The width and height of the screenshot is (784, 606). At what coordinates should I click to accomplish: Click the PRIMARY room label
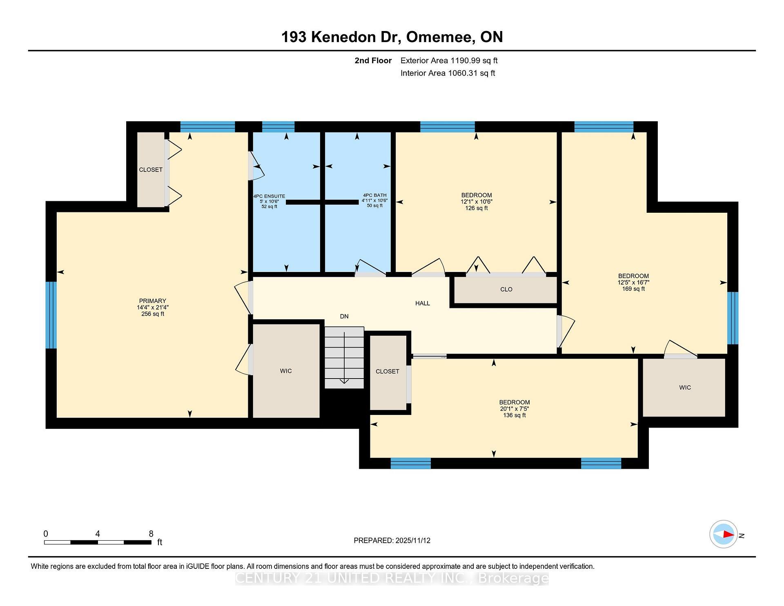152,301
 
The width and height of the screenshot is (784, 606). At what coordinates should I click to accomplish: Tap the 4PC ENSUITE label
269,196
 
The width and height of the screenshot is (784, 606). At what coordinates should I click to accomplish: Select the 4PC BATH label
374,195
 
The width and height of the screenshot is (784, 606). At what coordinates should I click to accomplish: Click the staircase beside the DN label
344,357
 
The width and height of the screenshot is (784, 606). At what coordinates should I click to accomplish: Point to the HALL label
423,303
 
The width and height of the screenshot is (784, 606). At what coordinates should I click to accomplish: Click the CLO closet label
506,290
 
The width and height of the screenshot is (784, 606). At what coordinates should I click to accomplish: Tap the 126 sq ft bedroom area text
477,208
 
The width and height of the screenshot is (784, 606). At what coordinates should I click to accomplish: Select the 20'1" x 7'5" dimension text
514,409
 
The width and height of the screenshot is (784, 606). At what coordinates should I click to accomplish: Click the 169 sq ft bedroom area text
633,289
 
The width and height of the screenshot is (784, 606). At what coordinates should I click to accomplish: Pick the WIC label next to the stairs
286,371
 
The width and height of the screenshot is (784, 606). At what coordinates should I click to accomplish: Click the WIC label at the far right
685,388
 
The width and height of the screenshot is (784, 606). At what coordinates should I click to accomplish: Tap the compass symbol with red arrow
724,534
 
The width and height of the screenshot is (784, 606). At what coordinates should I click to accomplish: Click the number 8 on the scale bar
151,534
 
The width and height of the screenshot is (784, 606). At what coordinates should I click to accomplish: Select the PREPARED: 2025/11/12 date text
392,541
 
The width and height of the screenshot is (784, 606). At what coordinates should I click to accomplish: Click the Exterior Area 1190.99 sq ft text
449,61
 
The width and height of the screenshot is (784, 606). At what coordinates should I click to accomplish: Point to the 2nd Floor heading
373,61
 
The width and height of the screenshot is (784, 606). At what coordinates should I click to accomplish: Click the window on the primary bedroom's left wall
51,315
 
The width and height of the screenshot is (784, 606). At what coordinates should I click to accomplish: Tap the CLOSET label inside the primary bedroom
151,170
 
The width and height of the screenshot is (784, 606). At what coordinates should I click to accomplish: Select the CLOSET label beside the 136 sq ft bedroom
388,372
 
